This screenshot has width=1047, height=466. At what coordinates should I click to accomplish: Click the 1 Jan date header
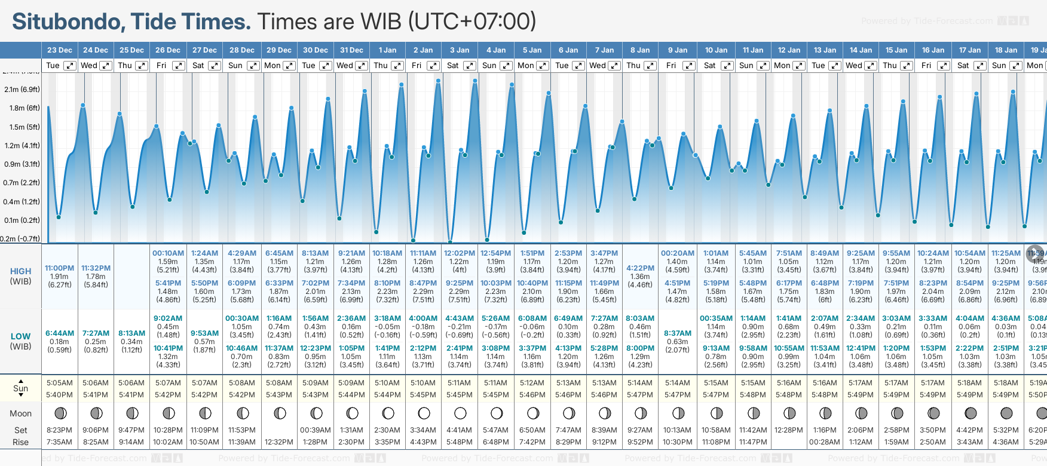[387, 50]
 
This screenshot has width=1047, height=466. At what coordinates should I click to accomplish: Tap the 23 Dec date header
[60, 50]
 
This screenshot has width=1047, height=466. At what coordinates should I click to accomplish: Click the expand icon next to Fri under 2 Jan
[433, 66]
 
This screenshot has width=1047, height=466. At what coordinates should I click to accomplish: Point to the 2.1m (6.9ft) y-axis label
[22, 90]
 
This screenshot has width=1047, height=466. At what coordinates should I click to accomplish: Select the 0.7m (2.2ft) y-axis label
[22, 183]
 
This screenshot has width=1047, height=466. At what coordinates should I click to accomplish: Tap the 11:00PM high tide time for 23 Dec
[60, 268]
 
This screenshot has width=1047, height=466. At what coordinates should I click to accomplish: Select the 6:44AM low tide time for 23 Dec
[60, 333]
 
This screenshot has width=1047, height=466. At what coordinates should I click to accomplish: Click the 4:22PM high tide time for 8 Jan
[640, 268]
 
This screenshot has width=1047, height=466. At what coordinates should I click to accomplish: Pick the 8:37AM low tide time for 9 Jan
[677, 333]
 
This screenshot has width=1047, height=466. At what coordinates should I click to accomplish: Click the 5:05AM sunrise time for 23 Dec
[60, 383]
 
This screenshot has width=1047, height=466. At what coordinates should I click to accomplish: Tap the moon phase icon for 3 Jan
[460, 413]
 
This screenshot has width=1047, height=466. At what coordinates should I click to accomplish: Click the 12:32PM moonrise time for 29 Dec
[279, 442]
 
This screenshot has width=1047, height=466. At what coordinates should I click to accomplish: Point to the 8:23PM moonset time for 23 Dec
[60, 430]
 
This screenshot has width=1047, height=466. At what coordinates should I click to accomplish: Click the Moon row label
[21, 413]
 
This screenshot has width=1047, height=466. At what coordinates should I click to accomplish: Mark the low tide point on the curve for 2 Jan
[413, 241]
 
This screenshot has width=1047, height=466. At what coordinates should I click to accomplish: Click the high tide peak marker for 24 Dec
[83, 105]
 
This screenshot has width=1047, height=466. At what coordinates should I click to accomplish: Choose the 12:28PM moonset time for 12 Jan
[789, 430]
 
